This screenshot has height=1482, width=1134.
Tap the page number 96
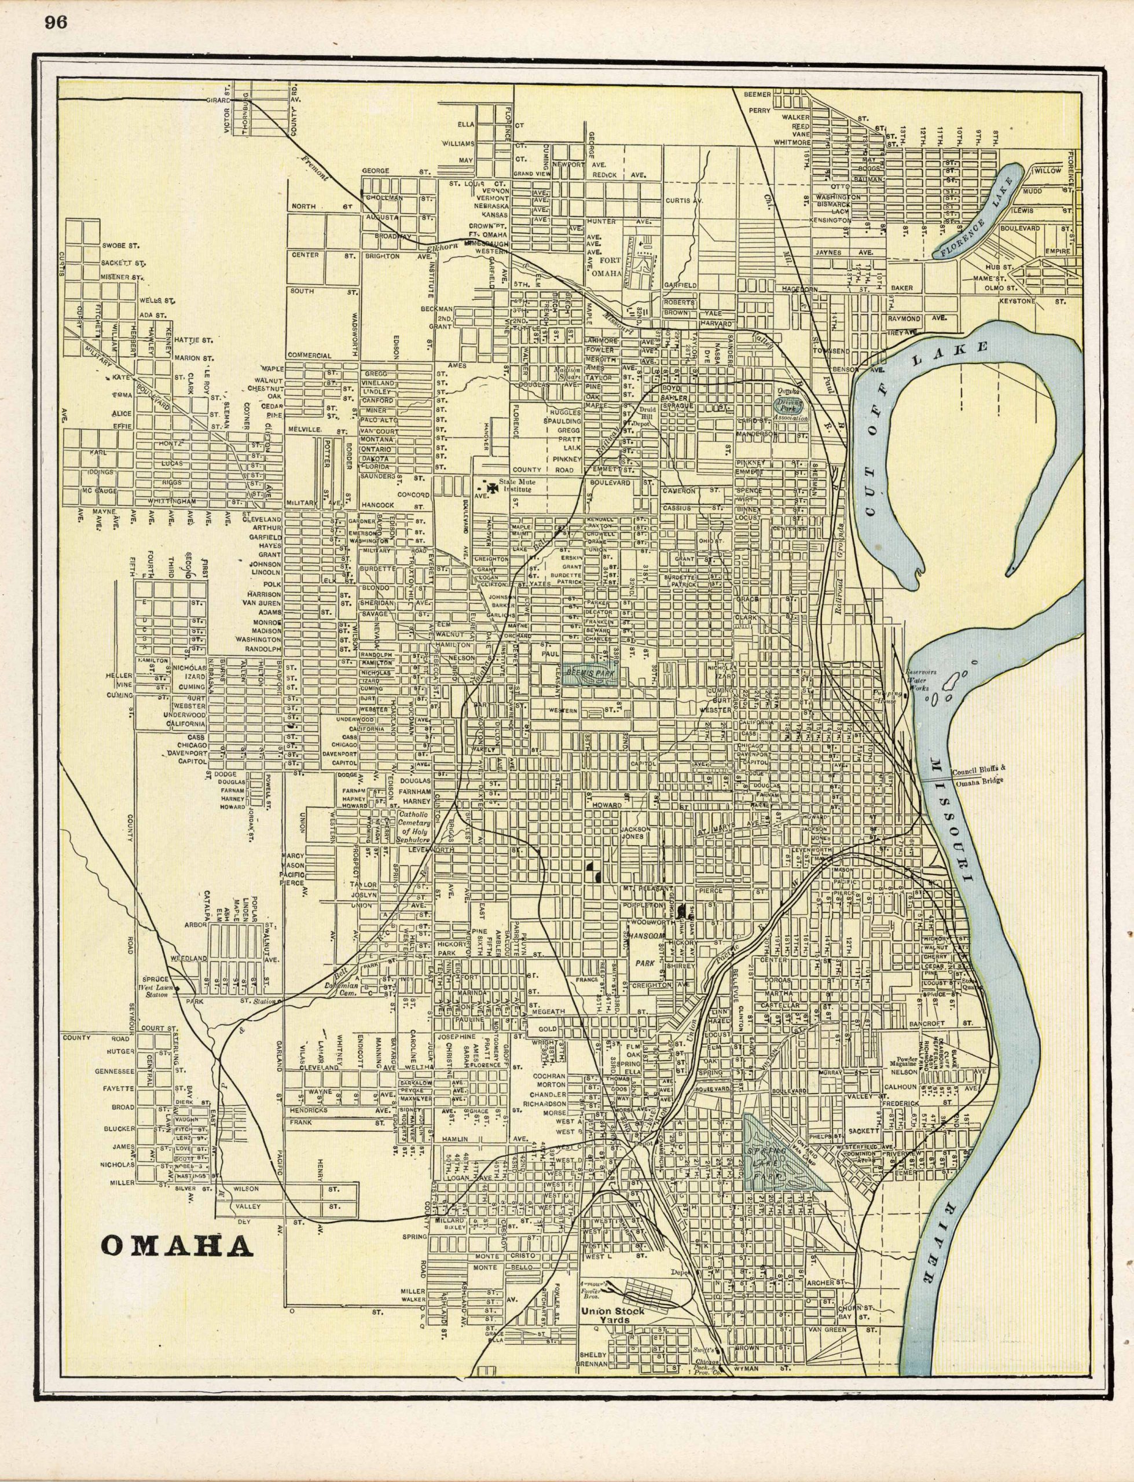(x=56, y=22)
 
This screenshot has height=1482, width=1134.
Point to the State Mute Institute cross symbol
(x=491, y=485)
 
